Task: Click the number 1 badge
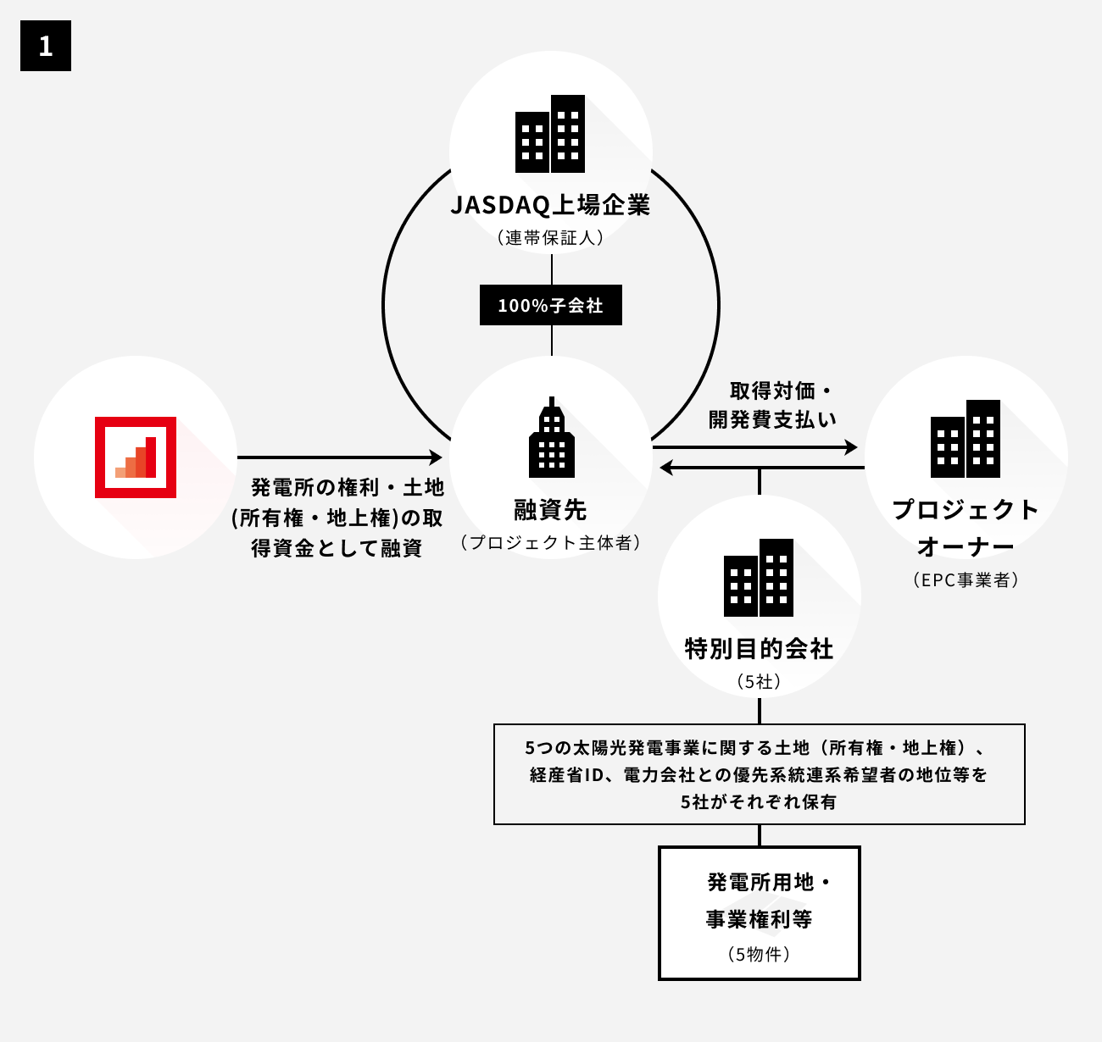(46, 46)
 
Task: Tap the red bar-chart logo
(136, 457)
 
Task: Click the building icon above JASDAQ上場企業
(550, 134)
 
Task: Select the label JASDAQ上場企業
(550, 206)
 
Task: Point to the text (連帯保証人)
(551, 238)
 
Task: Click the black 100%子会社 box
(551, 305)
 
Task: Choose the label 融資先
(551, 510)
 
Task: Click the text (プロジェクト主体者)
(551, 543)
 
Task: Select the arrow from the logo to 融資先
(339, 457)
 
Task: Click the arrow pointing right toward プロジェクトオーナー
(754, 446)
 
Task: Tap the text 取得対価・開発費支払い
(772, 405)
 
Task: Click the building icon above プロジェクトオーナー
(966, 439)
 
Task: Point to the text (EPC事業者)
(966, 580)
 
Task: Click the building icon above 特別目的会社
(759, 578)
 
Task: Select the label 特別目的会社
(759, 649)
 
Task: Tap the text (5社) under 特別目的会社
(759, 681)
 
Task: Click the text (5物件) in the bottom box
(759, 954)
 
